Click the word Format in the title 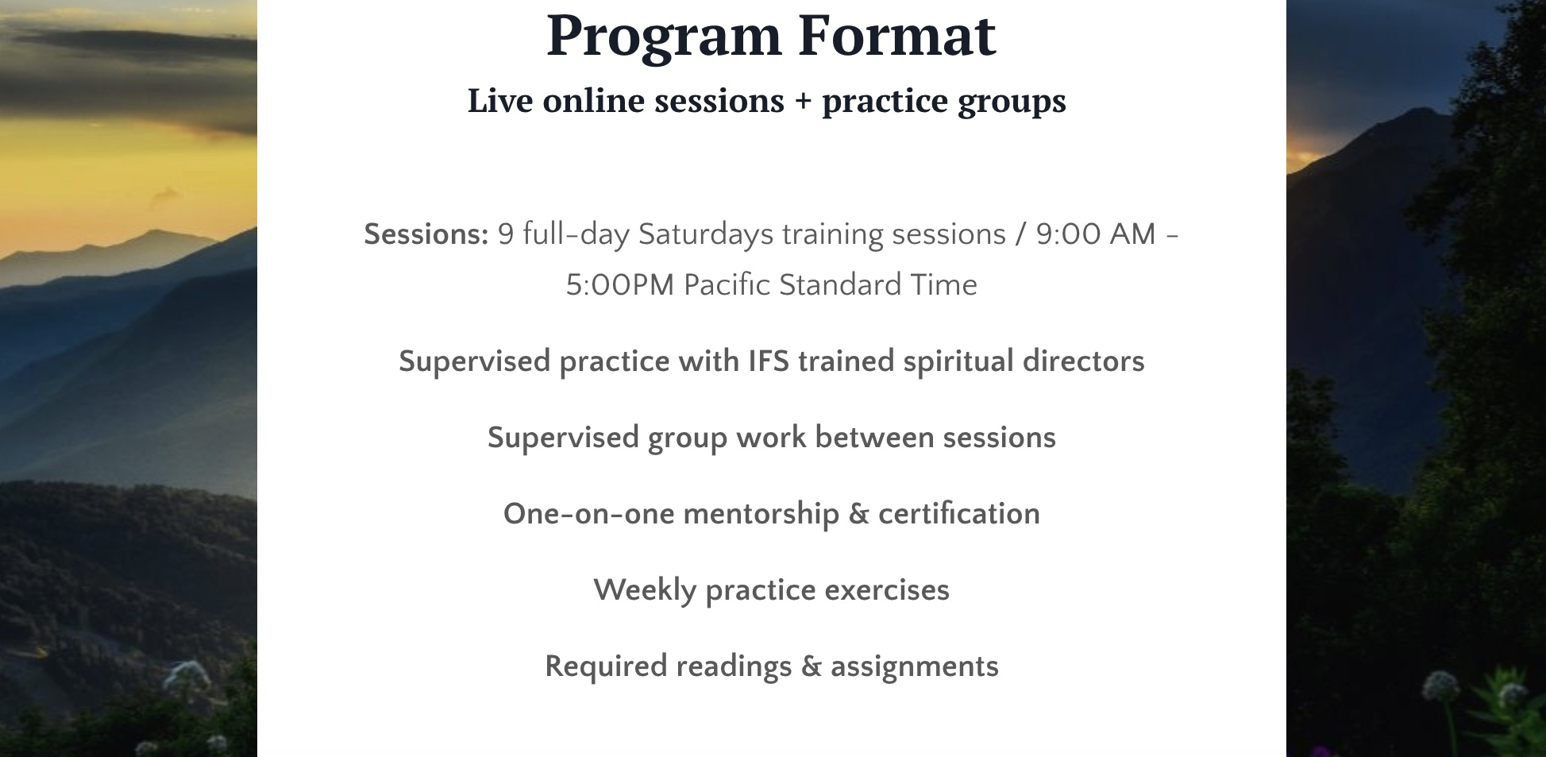896,35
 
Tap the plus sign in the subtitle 804,101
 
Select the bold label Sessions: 426,234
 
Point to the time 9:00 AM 1096,234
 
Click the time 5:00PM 619,285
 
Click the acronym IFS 769,361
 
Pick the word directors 1084,361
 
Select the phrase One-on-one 589,514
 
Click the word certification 959,514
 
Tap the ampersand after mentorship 858,514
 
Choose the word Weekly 645,591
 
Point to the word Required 606,666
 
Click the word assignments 915,667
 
